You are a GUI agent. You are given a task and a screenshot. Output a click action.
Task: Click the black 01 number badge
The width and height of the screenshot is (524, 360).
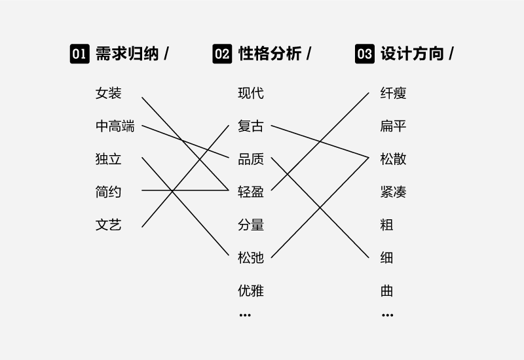[79, 54]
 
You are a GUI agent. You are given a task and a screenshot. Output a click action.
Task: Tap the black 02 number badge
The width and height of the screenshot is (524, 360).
[222, 54]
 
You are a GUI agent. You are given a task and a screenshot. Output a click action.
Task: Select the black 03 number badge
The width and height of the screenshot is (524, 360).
[365, 54]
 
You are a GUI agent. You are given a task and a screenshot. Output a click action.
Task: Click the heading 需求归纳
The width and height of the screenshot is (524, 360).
[127, 54]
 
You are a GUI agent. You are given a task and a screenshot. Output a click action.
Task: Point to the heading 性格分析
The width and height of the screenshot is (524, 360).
[270, 54]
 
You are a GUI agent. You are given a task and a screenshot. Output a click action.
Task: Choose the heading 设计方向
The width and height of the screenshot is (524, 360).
[412, 54]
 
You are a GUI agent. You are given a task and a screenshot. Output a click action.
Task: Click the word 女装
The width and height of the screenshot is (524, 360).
[108, 93]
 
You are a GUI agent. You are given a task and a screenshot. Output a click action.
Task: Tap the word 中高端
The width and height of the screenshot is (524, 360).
[115, 126]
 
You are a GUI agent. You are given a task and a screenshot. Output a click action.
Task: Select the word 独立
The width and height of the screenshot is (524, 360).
[108, 159]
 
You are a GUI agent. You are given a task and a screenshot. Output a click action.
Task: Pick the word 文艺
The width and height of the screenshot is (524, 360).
[108, 225]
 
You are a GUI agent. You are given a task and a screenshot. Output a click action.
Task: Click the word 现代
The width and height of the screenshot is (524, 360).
[251, 93]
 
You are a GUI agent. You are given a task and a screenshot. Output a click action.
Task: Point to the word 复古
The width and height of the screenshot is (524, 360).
[251, 126]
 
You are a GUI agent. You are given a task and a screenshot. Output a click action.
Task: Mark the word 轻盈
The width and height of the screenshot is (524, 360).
[251, 192]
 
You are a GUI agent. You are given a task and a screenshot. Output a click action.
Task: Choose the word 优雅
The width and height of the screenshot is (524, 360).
[251, 291]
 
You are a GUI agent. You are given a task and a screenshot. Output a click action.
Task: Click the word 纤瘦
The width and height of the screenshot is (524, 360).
[394, 93]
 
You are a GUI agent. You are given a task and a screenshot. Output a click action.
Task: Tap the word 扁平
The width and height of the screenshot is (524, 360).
[394, 126]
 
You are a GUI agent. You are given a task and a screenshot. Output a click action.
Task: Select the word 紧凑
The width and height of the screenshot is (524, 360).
[394, 192]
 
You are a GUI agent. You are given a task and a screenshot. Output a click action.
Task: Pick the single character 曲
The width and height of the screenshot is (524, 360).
[386, 291]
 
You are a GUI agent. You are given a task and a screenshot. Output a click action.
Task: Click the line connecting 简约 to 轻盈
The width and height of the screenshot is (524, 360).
[185, 190]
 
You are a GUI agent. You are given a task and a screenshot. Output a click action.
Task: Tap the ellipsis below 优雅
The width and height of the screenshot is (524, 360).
[245, 315]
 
